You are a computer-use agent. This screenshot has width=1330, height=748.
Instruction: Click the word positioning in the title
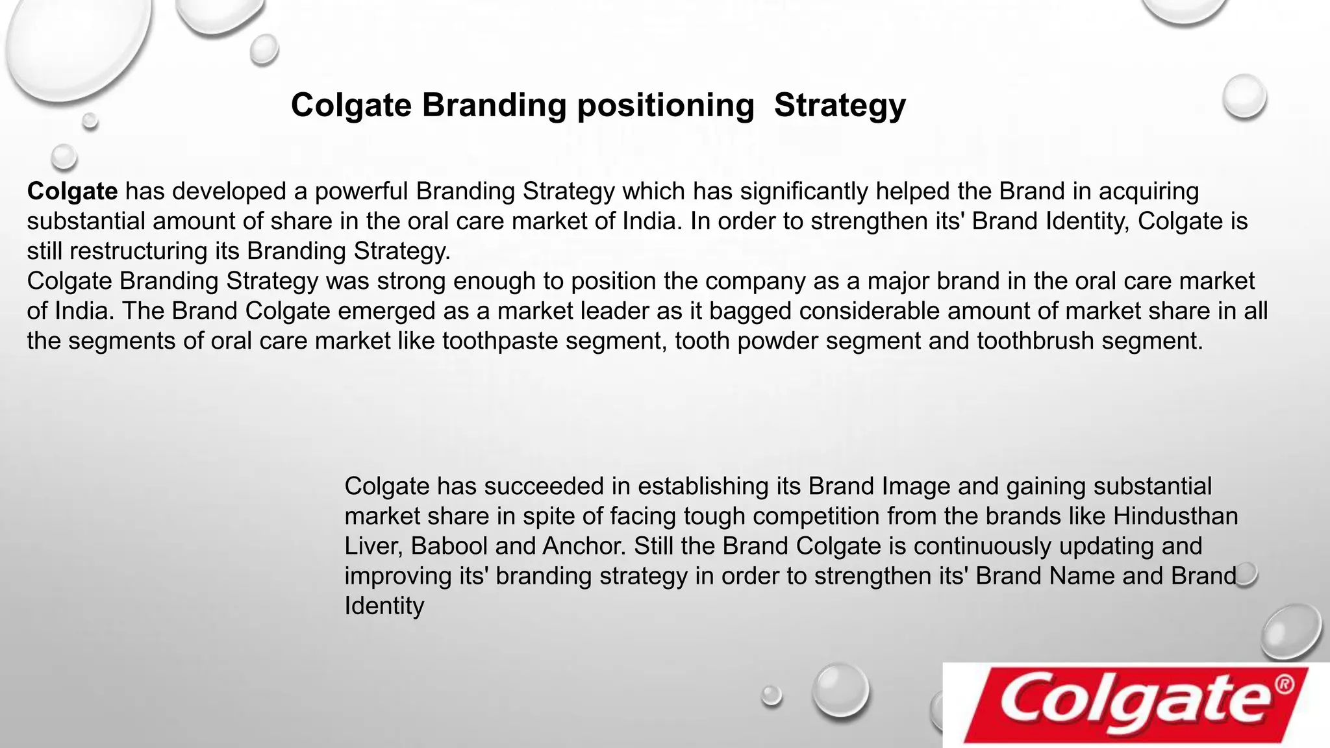(x=666, y=106)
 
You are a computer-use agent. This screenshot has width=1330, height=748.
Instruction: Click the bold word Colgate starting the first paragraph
(x=72, y=192)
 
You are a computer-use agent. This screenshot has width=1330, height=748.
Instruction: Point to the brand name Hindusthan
(x=1175, y=516)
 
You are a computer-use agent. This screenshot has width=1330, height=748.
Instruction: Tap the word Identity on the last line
(x=384, y=606)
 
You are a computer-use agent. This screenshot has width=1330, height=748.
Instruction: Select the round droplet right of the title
(x=1244, y=97)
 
